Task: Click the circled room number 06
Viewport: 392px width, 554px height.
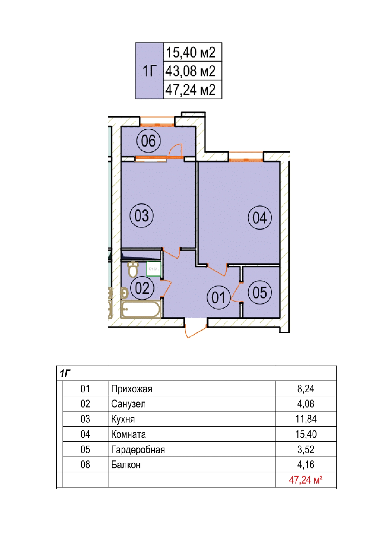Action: pyautogui.click(x=148, y=141)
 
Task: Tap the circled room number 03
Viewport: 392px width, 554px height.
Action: pyautogui.click(x=142, y=216)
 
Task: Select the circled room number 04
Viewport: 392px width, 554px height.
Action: pyautogui.click(x=260, y=218)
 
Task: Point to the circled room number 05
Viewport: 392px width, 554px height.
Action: pyautogui.click(x=260, y=292)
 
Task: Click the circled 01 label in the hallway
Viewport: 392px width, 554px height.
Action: pyautogui.click(x=219, y=298)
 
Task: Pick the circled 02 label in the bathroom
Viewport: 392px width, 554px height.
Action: pyautogui.click(x=142, y=288)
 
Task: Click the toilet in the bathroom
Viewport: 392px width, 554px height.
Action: pyautogui.click(x=133, y=269)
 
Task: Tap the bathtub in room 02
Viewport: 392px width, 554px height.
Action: pyautogui.click(x=141, y=309)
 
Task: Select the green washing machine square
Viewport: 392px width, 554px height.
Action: pyautogui.click(x=154, y=269)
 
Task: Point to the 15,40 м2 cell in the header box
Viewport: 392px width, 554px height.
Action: pyautogui.click(x=191, y=52)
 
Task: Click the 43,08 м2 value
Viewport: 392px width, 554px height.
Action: pyautogui.click(x=191, y=71)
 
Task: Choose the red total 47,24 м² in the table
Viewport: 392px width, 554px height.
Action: pyautogui.click(x=305, y=480)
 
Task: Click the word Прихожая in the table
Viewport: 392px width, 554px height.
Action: pyautogui.click(x=132, y=389)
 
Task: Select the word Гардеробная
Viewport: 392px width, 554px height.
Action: pyautogui.click(x=138, y=449)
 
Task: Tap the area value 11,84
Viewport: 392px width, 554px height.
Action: pyautogui.click(x=306, y=419)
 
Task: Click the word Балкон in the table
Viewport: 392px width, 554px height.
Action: pyautogui.click(x=126, y=465)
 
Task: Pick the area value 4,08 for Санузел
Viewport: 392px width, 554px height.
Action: pyautogui.click(x=306, y=404)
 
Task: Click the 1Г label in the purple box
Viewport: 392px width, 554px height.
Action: pyautogui.click(x=149, y=71)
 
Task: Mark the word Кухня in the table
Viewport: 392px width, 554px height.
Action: pyautogui.click(x=123, y=419)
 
